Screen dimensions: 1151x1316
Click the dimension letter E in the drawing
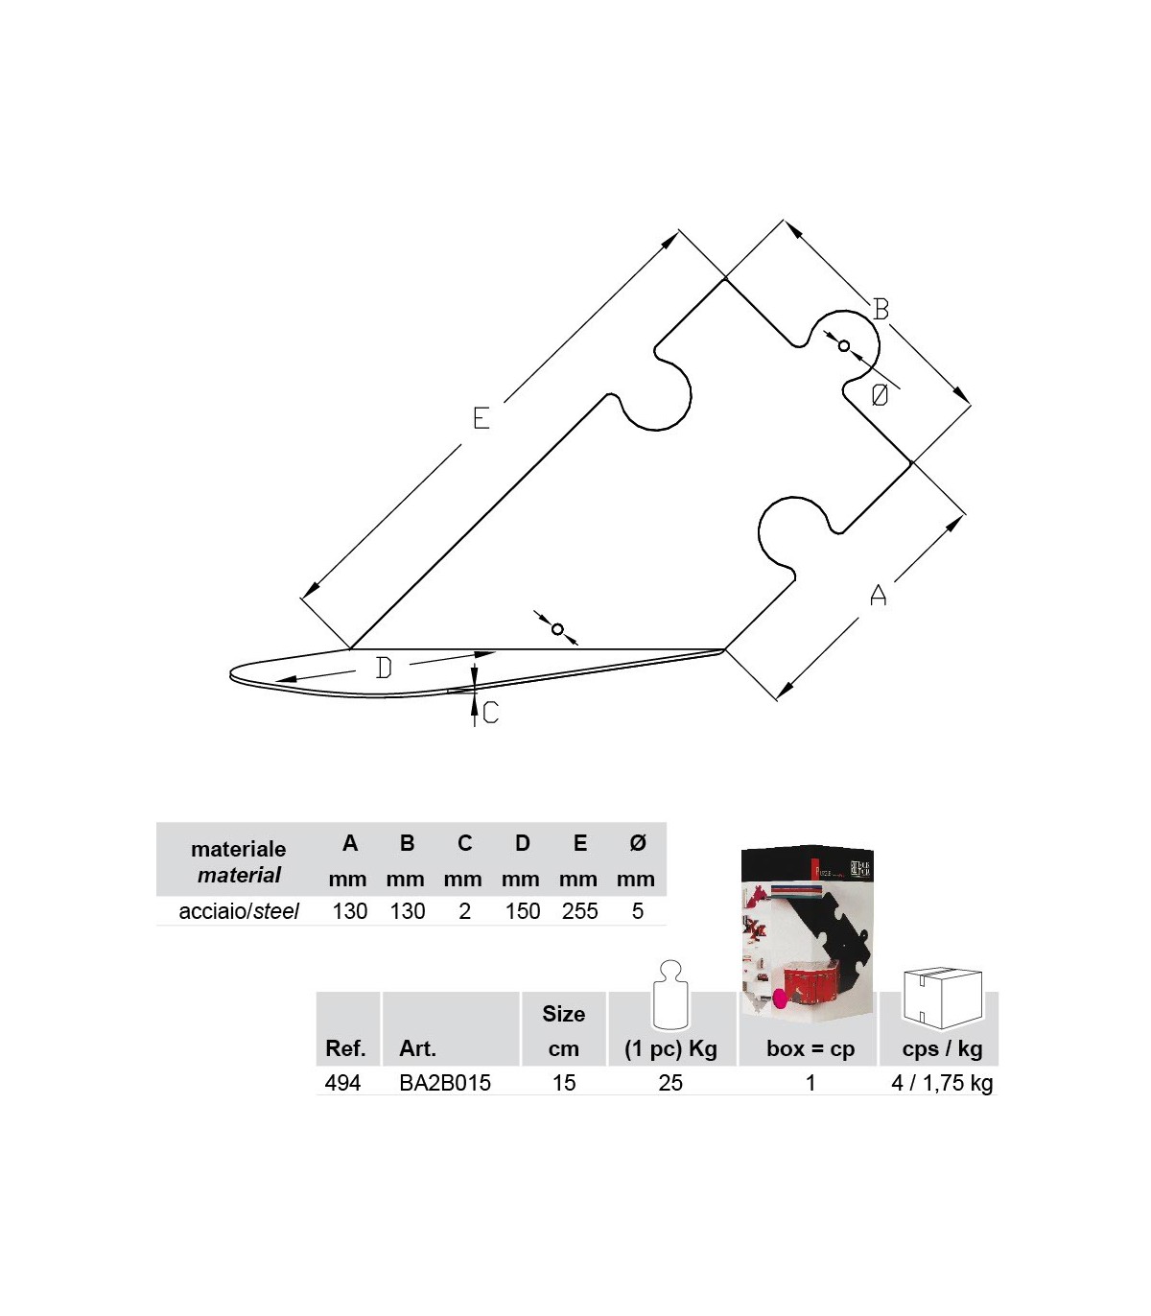481,418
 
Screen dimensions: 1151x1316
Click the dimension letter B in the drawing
881,310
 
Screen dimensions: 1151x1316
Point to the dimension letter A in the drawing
878,595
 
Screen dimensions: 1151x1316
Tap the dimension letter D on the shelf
384,669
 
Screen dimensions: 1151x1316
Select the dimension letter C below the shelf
490,714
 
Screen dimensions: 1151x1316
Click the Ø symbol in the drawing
880,395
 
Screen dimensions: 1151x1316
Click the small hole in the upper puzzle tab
844,346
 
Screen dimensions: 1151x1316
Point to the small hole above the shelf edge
557,628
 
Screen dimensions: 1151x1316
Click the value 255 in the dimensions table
579,911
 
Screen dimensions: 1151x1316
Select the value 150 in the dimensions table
522,911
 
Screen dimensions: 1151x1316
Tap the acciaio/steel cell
239,911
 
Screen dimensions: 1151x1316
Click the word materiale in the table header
239,849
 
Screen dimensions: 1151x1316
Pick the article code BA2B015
445,1083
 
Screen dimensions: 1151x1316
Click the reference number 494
342,1083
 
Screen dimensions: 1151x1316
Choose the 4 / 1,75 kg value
942,1083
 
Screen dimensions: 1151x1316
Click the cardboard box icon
943,998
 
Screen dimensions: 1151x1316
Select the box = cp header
810,1048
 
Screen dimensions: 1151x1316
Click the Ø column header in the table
637,842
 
